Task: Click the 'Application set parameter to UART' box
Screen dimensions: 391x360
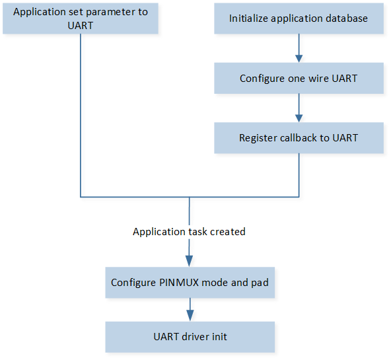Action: coord(81,18)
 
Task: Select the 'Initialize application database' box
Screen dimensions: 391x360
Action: coord(299,18)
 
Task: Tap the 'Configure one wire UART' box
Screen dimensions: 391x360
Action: coord(299,79)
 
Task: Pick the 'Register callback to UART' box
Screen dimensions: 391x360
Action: coord(299,138)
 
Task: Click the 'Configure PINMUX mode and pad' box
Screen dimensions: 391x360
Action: coord(190,283)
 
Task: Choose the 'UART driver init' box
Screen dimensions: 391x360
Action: coord(190,337)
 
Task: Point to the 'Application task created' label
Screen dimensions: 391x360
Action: coord(189,232)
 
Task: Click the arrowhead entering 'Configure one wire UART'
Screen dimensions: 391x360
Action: coord(299,59)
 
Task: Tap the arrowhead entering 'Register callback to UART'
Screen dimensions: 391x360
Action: coord(299,118)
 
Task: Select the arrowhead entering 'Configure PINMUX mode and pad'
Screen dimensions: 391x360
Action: coord(190,262)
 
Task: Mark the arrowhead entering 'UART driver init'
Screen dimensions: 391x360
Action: coord(190,316)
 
